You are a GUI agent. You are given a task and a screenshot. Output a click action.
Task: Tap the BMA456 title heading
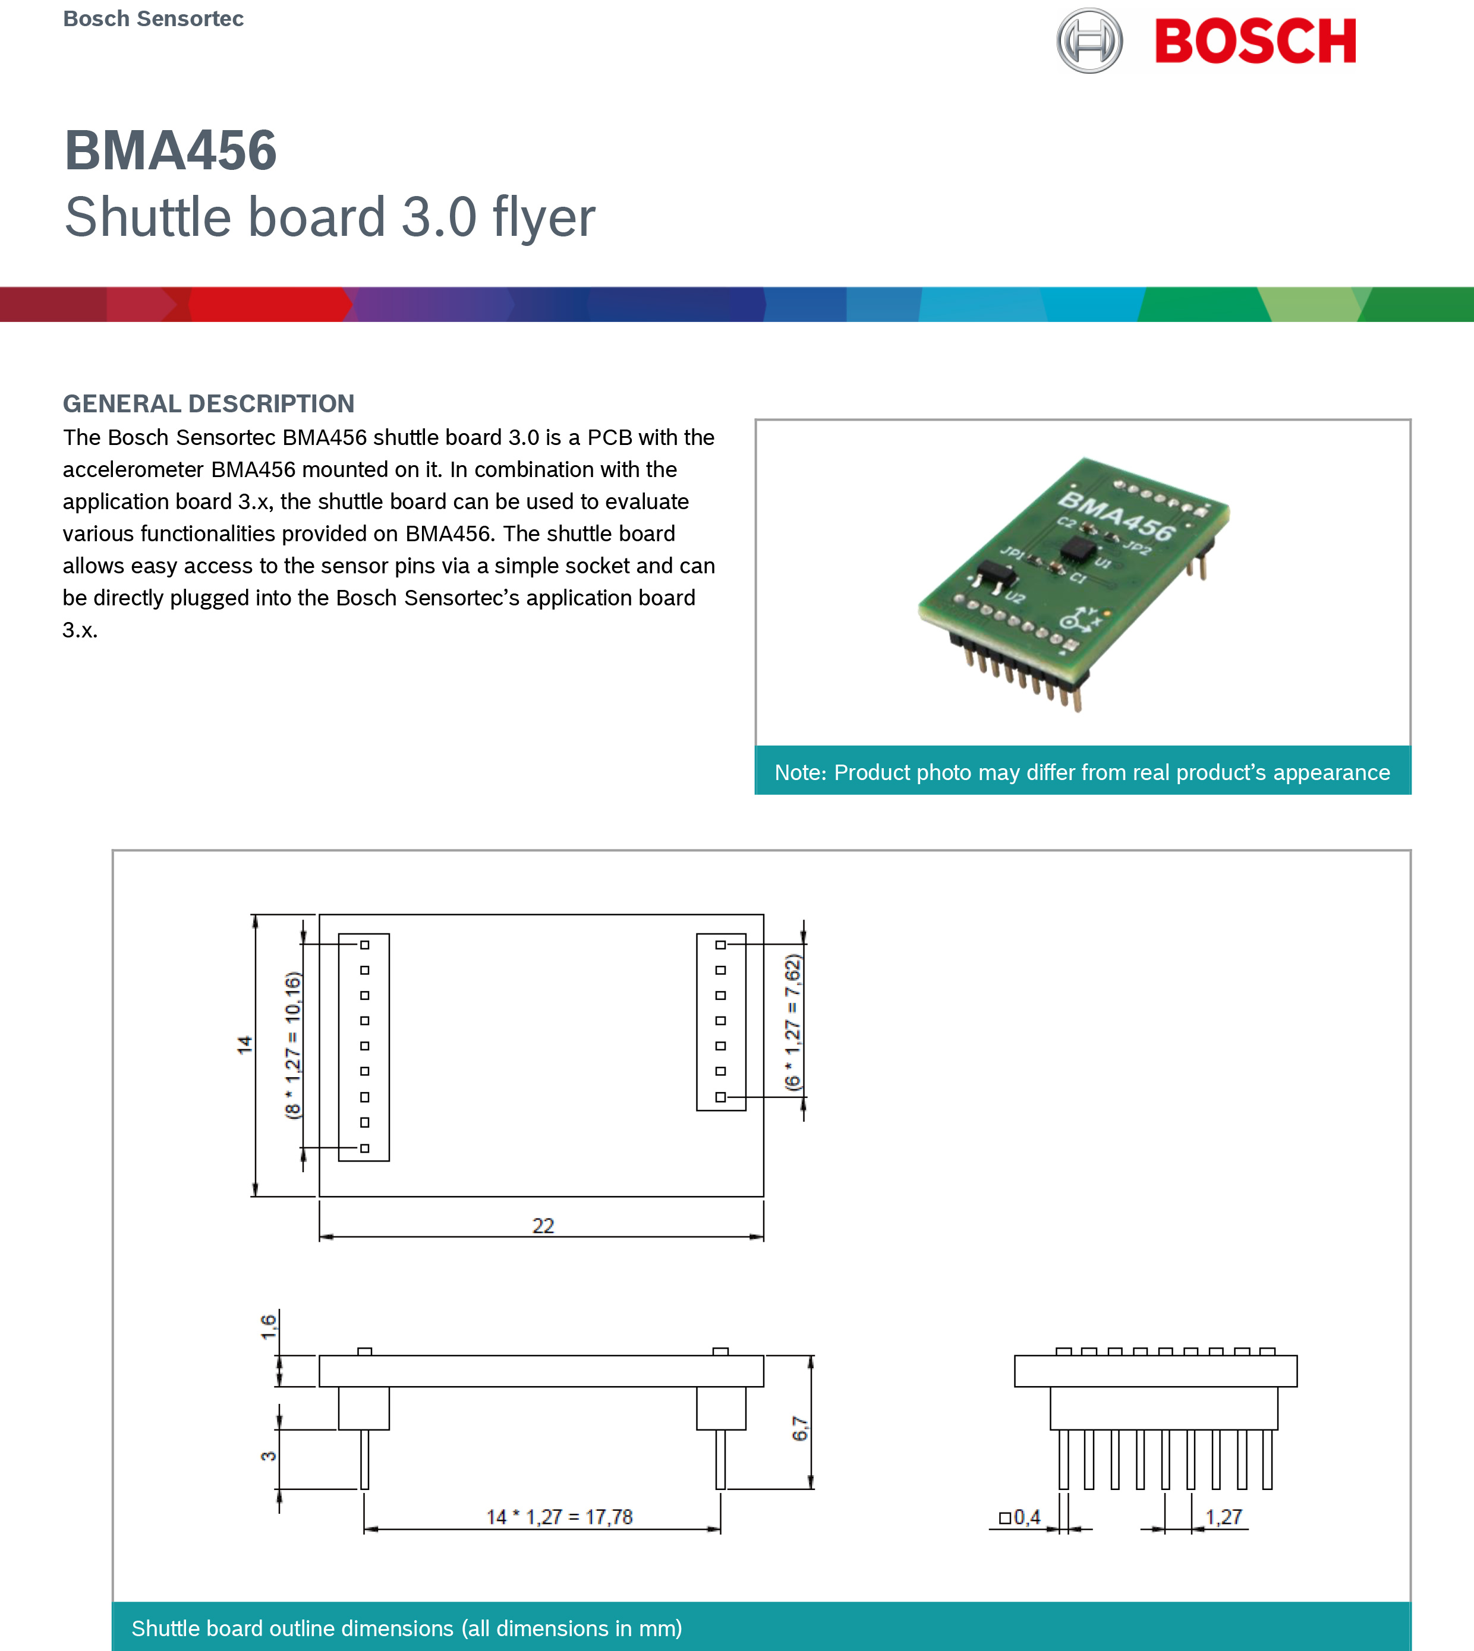coord(171,151)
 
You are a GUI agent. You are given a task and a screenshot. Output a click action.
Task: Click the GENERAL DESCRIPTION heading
coord(209,403)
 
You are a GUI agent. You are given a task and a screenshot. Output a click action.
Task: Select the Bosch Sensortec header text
coord(153,18)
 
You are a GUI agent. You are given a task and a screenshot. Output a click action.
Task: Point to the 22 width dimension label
coord(543,1225)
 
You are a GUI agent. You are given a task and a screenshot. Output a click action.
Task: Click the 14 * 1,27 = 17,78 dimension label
coord(559,1517)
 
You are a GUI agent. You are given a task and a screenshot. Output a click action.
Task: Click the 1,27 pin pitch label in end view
coord(1223,1517)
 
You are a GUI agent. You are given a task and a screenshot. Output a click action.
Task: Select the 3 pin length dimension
coord(268,1456)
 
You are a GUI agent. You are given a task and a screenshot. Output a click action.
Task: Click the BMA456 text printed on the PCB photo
coord(1116,517)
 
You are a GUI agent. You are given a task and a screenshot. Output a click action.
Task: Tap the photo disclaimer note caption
coord(1082,772)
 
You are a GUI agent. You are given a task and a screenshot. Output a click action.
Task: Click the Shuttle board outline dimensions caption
coord(407,1627)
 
